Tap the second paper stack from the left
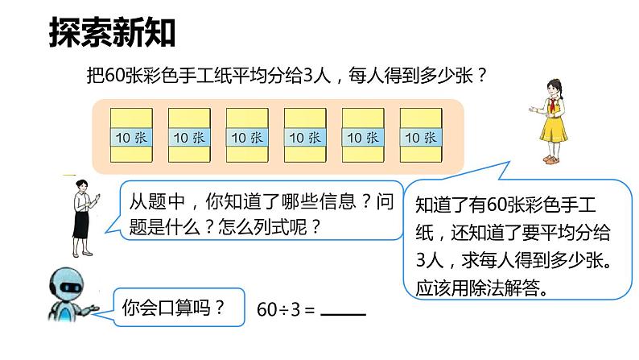(188, 136)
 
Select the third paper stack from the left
(246, 136)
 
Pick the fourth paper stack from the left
(305, 136)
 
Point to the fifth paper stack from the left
(363, 136)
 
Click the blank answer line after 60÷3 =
(343, 313)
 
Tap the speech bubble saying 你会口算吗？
(171, 307)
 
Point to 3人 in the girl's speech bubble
(429, 261)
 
